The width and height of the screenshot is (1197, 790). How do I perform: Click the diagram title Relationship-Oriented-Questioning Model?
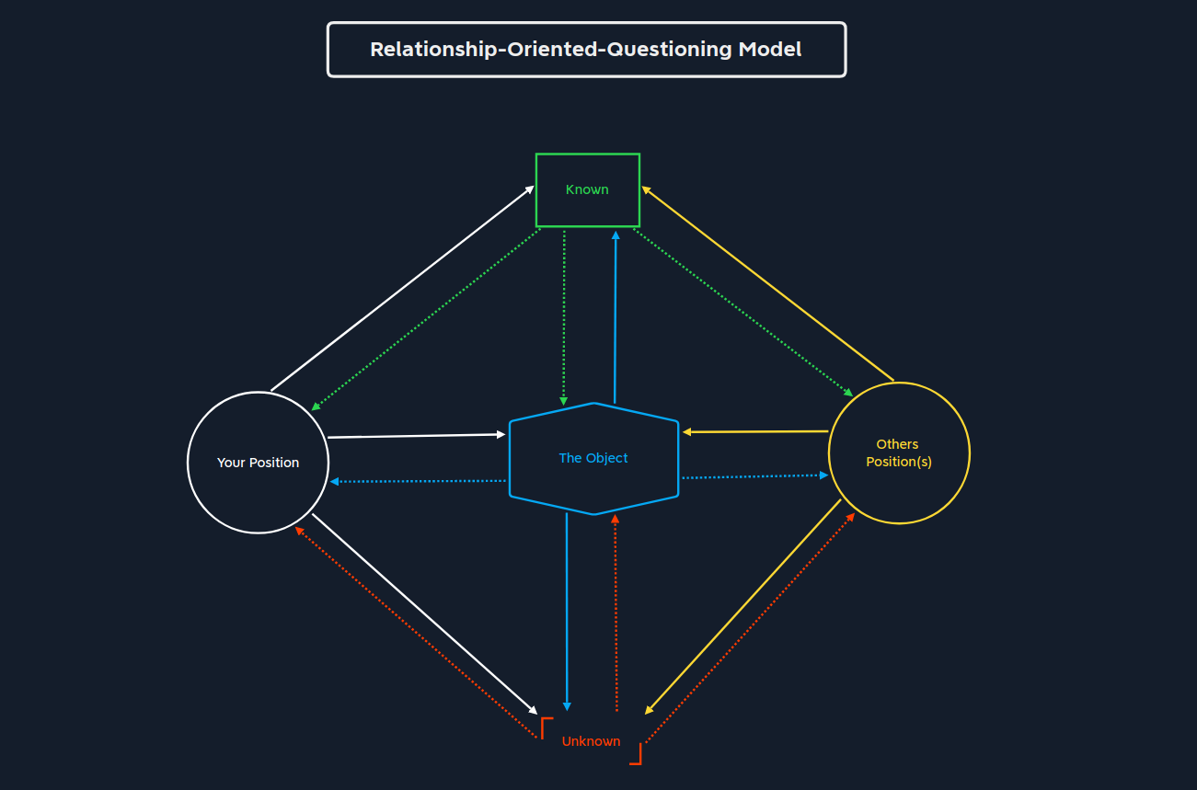(x=586, y=50)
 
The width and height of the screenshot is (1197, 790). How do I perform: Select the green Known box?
(x=587, y=189)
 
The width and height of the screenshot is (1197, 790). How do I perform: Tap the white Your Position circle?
(x=258, y=463)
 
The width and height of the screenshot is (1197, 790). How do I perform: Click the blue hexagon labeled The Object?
(x=593, y=458)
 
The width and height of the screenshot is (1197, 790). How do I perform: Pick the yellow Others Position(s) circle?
(x=898, y=453)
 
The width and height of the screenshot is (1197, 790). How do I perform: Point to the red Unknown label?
(x=591, y=741)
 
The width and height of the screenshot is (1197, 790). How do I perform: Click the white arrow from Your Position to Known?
(x=402, y=289)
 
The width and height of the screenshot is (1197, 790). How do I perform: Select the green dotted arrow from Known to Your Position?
(x=425, y=320)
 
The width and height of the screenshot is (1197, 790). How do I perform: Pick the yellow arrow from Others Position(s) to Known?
(x=767, y=283)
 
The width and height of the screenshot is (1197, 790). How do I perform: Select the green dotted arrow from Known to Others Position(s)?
(x=743, y=313)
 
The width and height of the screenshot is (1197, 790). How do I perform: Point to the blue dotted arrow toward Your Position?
(x=419, y=481)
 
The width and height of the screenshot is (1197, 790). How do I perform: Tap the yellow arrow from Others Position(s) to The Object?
(x=755, y=431)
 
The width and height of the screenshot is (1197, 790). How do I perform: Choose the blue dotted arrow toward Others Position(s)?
(x=754, y=476)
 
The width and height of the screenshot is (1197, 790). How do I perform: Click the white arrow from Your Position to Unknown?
(x=424, y=613)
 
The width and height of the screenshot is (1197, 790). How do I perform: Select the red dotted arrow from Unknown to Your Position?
(x=416, y=632)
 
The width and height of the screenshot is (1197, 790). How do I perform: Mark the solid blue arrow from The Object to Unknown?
(x=567, y=612)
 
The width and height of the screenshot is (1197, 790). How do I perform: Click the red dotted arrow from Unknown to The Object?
(x=616, y=612)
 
